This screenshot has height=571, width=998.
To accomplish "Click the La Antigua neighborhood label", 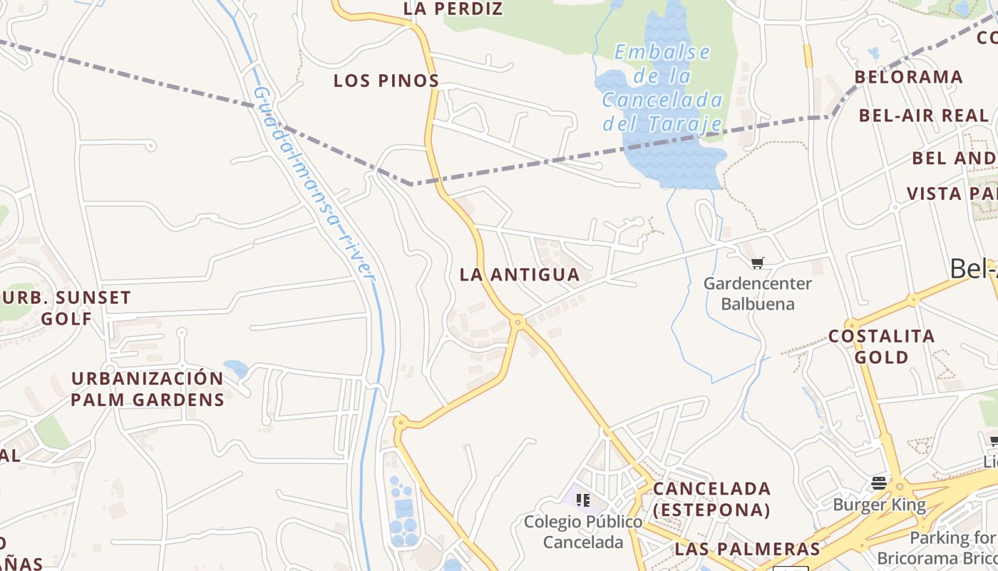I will point(520,274).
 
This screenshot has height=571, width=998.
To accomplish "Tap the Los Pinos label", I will point(386,81).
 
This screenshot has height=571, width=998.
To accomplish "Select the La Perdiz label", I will point(453,9).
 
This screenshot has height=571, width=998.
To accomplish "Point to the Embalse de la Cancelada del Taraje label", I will point(662,89).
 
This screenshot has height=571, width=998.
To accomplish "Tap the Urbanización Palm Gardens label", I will point(148,388).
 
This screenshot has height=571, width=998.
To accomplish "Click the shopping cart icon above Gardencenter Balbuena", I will point(757,263).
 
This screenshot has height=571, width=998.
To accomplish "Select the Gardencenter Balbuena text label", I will point(757,293).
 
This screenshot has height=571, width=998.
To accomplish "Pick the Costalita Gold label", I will point(881,346).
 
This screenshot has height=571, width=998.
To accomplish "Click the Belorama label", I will point(908,77).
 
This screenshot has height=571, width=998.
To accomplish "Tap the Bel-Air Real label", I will point(923,116).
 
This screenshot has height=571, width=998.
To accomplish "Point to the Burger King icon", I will point(879,483).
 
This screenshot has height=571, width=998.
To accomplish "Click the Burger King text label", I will point(879,505).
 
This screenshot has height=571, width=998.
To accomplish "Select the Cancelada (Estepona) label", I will point(711,499).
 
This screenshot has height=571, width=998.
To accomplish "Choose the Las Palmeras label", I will point(747,549).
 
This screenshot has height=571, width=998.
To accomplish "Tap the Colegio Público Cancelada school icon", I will point(583,499).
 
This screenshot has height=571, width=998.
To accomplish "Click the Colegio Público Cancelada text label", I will point(583,532).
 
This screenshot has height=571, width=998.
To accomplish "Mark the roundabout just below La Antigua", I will point(518,323).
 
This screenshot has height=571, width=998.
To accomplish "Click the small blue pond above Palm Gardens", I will point(236,368).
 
